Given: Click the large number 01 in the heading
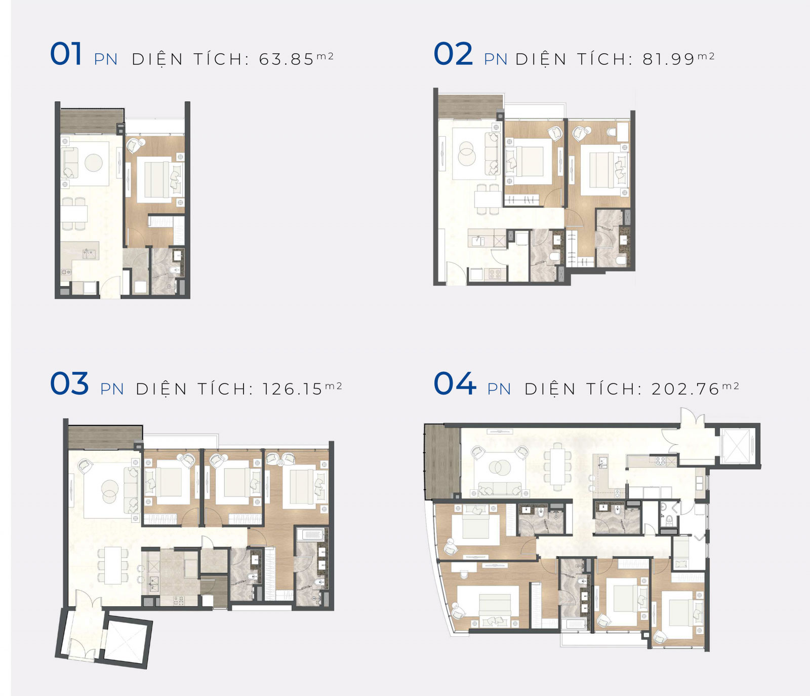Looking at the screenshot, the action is pyautogui.click(x=66, y=54).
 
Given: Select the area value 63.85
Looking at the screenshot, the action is pyautogui.click(x=287, y=59).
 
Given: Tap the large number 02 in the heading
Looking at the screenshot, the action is pyautogui.click(x=453, y=54).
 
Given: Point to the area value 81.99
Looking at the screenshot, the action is pyautogui.click(x=669, y=59).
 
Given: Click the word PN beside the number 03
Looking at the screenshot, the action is pyautogui.click(x=112, y=389).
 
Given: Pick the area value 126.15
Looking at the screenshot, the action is pyautogui.click(x=292, y=389).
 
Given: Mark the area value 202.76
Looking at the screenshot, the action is pyautogui.click(x=685, y=389).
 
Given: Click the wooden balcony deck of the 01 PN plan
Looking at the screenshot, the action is pyautogui.click(x=92, y=121).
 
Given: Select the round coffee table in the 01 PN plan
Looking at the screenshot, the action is pyautogui.click(x=94, y=163).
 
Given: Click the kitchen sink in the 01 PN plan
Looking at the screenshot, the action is pyautogui.click(x=89, y=253).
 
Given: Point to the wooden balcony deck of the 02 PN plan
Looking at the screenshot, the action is pyautogui.click(x=471, y=107).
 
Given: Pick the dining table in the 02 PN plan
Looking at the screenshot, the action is pyautogui.click(x=488, y=198).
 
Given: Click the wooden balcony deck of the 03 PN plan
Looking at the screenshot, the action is pyautogui.click(x=105, y=438).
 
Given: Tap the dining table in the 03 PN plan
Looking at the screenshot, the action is pyautogui.click(x=113, y=565).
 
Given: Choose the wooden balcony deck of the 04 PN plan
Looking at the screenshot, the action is pyautogui.click(x=442, y=461).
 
